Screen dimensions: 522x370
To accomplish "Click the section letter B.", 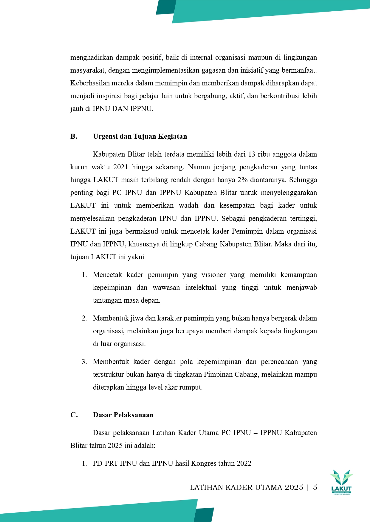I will point(74,137).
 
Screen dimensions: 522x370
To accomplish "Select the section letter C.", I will point(74,415).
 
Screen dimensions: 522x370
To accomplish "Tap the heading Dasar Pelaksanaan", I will point(123,415).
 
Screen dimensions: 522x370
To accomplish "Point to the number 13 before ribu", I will point(251,154).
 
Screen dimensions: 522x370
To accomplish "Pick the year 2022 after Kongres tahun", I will point(244,464).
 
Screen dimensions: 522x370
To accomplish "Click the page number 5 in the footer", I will point(315,487).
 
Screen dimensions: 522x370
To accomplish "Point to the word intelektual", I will point(201,288).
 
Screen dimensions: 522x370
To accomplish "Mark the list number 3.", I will point(84,362).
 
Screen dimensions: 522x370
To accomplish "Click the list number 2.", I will point(84,318).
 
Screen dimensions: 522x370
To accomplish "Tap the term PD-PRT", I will point(105,464).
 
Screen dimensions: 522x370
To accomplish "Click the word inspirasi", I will point(111,96).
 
